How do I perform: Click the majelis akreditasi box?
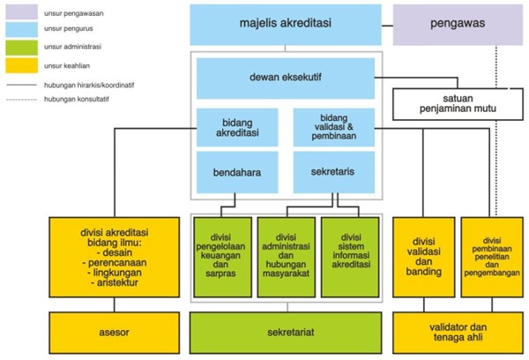[286, 25]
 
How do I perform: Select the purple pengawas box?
[457, 25]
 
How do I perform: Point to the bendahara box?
[236, 172]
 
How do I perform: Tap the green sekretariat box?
[286, 333]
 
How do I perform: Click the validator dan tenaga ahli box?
[457, 333]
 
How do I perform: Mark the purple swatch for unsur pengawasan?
[19, 14]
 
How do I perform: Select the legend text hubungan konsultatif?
[78, 99]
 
